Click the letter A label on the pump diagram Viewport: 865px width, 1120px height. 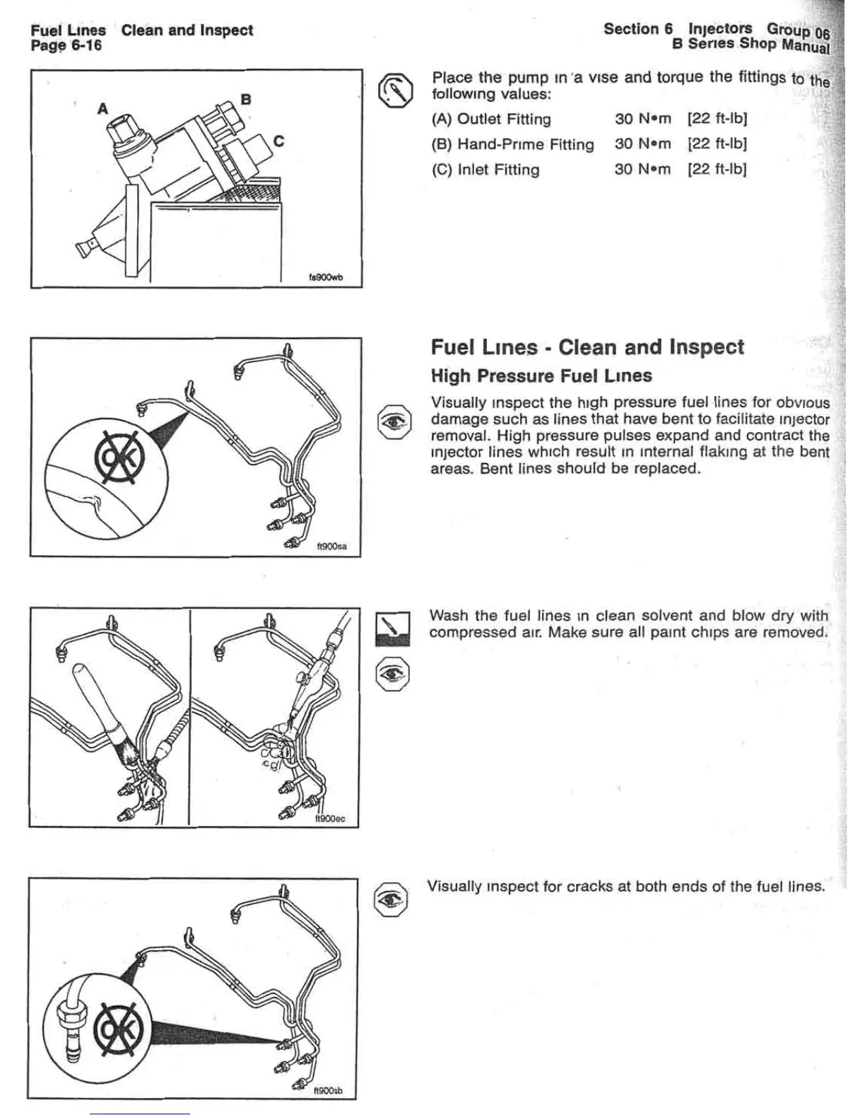pyautogui.click(x=103, y=109)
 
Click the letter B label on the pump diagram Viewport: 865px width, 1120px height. pyautogui.click(x=246, y=99)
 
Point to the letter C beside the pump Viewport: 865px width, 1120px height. pyautogui.click(x=278, y=141)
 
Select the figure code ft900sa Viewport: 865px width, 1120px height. pyautogui.click(x=331, y=547)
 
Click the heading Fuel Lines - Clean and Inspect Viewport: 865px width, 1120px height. pyautogui.click(x=587, y=347)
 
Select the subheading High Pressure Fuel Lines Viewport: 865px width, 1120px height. pyautogui.click(x=541, y=376)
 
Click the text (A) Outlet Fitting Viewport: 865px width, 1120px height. pyautogui.click(x=491, y=119)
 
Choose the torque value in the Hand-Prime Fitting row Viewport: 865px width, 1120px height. pyautogui.click(x=642, y=144)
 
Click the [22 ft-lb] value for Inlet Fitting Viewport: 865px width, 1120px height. pyautogui.click(x=717, y=169)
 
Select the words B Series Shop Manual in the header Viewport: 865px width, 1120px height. pyautogui.click(x=751, y=45)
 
